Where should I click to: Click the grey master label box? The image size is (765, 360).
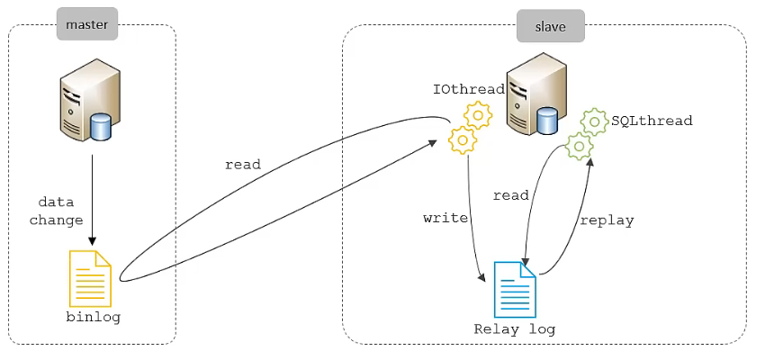coord(86,24)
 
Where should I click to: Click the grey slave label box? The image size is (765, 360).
coord(550,26)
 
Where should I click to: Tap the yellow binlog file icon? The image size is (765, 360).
coord(91,278)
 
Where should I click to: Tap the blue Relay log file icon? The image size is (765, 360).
coord(515,289)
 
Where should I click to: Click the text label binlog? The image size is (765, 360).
coord(93,318)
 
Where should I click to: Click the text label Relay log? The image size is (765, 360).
coord(515,329)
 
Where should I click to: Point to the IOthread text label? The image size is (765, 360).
coord(468,89)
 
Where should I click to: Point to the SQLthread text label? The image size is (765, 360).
coord(652,120)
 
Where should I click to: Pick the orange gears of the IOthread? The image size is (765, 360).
coord(470,127)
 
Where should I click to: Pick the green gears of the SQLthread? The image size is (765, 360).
coord(586,132)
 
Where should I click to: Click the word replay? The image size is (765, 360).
coord(607,220)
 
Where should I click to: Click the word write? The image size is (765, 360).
coord(445,218)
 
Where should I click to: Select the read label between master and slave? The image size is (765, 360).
coord(243,165)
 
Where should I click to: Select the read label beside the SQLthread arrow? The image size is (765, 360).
coord(511,195)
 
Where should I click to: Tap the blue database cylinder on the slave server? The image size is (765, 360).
coord(546,121)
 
